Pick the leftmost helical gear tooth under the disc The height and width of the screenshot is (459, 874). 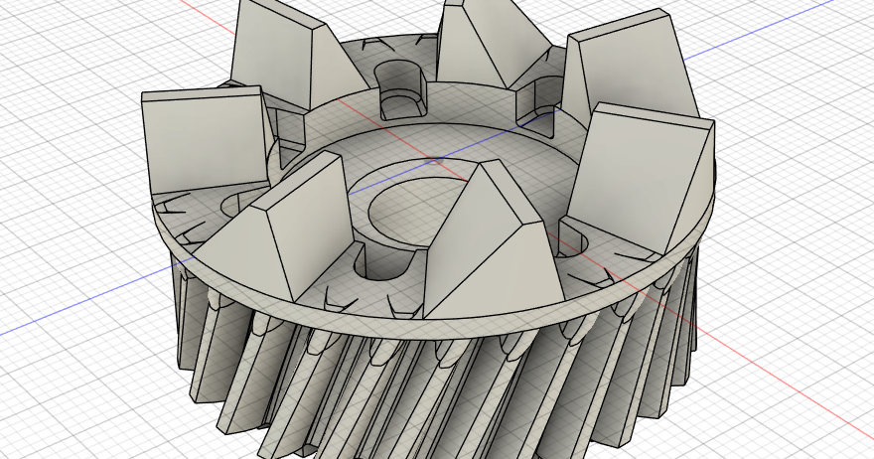point(189,318)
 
